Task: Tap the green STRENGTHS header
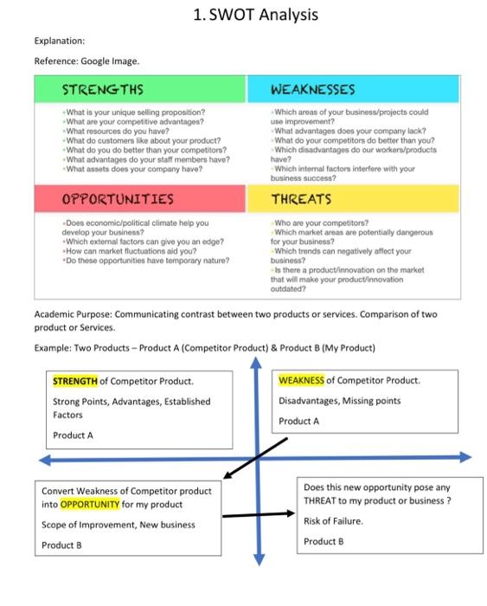(x=103, y=89)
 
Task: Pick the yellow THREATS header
(x=302, y=199)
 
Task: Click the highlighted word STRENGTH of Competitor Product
(x=76, y=381)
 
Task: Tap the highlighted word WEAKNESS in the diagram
(x=302, y=380)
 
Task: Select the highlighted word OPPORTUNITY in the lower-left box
(x=89, y=505)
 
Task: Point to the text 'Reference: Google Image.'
(x=87, y=61)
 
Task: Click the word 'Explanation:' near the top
(x=60, y=41)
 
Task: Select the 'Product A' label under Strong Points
(x=73, y=435)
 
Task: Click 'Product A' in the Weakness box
(x=298, y=421)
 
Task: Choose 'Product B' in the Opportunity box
(x=61, y=545)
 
